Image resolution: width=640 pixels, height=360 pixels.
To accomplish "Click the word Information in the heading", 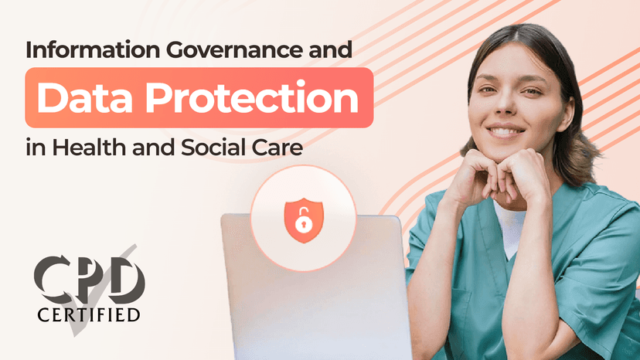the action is [x=93, y=49].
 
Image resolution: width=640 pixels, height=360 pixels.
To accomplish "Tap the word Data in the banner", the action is [x=85, y=98].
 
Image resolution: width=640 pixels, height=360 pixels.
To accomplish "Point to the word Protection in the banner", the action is [x=252, y=98].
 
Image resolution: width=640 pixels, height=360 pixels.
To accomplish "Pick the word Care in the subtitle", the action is [x=277, y=148].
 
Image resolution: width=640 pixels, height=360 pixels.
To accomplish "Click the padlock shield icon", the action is [x=304, y=220].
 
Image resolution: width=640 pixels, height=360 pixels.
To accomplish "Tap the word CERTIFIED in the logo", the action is [x=89, y=314].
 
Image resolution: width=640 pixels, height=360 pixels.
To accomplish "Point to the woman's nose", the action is [x=506, y=105].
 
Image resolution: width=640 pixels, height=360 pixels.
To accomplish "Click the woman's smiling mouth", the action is [x=506, y=131].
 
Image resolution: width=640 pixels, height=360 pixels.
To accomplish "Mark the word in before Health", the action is [x=36, y=148].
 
